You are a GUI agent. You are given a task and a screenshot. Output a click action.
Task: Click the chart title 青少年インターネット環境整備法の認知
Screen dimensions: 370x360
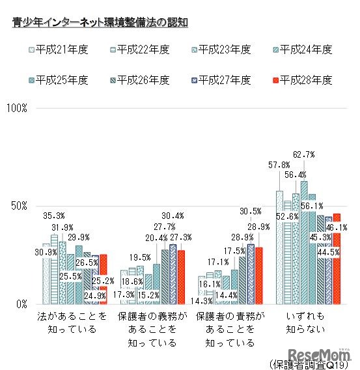coord(100,23)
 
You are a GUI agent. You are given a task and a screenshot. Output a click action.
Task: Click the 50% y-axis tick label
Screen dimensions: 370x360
coord(18,206)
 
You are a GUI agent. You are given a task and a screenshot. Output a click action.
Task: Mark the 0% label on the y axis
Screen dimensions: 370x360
coord(20,304)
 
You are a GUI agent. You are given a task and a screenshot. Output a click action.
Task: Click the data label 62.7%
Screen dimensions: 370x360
coord(304,154)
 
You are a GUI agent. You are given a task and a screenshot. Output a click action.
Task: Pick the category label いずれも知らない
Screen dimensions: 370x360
coord(305,322)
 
